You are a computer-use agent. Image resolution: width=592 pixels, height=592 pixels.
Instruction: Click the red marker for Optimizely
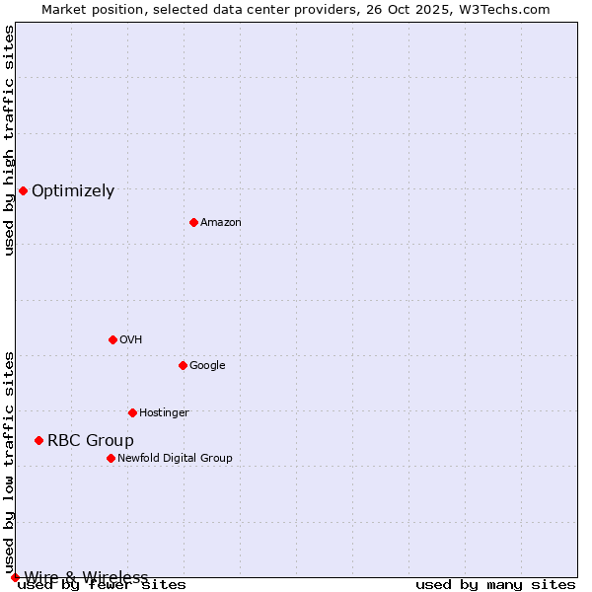pyautogui.click(x=23, y=190)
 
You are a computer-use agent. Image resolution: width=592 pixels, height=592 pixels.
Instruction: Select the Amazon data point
pyautogui.click(x=193, y=222)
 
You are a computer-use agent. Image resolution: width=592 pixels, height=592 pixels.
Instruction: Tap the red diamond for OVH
pyautogui.click(x=112, y=339)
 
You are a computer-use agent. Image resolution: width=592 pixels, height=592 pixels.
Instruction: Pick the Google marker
pyautogui.click(x=183, y=365)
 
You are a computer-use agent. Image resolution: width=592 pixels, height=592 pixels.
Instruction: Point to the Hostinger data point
pyautogui.click(x=132, y=412)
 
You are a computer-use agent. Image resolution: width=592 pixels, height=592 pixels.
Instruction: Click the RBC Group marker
pyautogui.click(x=38, y=440)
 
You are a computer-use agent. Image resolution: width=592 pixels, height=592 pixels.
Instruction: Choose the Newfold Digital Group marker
pyautogui.click(x=111, y=458)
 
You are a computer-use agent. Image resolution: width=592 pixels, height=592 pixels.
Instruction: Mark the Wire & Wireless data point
pyautogui.click(x=15, y=577)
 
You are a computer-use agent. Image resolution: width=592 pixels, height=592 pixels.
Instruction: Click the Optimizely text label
pyautogui.click(x=73, y=191)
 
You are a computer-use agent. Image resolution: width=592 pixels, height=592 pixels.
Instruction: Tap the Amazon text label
pyautogui.click(x=221, y=223)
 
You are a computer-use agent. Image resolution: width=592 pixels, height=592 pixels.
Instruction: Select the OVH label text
pyautogui.click(x=131, y=340)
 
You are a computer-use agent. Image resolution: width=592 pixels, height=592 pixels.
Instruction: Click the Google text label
pyautogui.click(x=207, y=366)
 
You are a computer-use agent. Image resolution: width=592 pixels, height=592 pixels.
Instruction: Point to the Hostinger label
pyautogui.click(x=164, y=413)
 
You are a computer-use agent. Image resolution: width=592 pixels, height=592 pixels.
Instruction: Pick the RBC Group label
pyautogui.click(x=91, y=441)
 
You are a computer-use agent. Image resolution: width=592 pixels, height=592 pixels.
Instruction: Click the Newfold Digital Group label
pyautogui.click(x=175, y=459)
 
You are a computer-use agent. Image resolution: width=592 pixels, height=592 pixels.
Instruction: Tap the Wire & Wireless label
pyautogui.click(x=86, y=577)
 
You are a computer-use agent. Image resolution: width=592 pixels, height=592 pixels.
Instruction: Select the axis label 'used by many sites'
pyautogui.click(x=495, y=585)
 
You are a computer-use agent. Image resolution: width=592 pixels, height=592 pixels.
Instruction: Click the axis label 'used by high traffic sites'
pyautogui.click(x=10, y=140)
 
